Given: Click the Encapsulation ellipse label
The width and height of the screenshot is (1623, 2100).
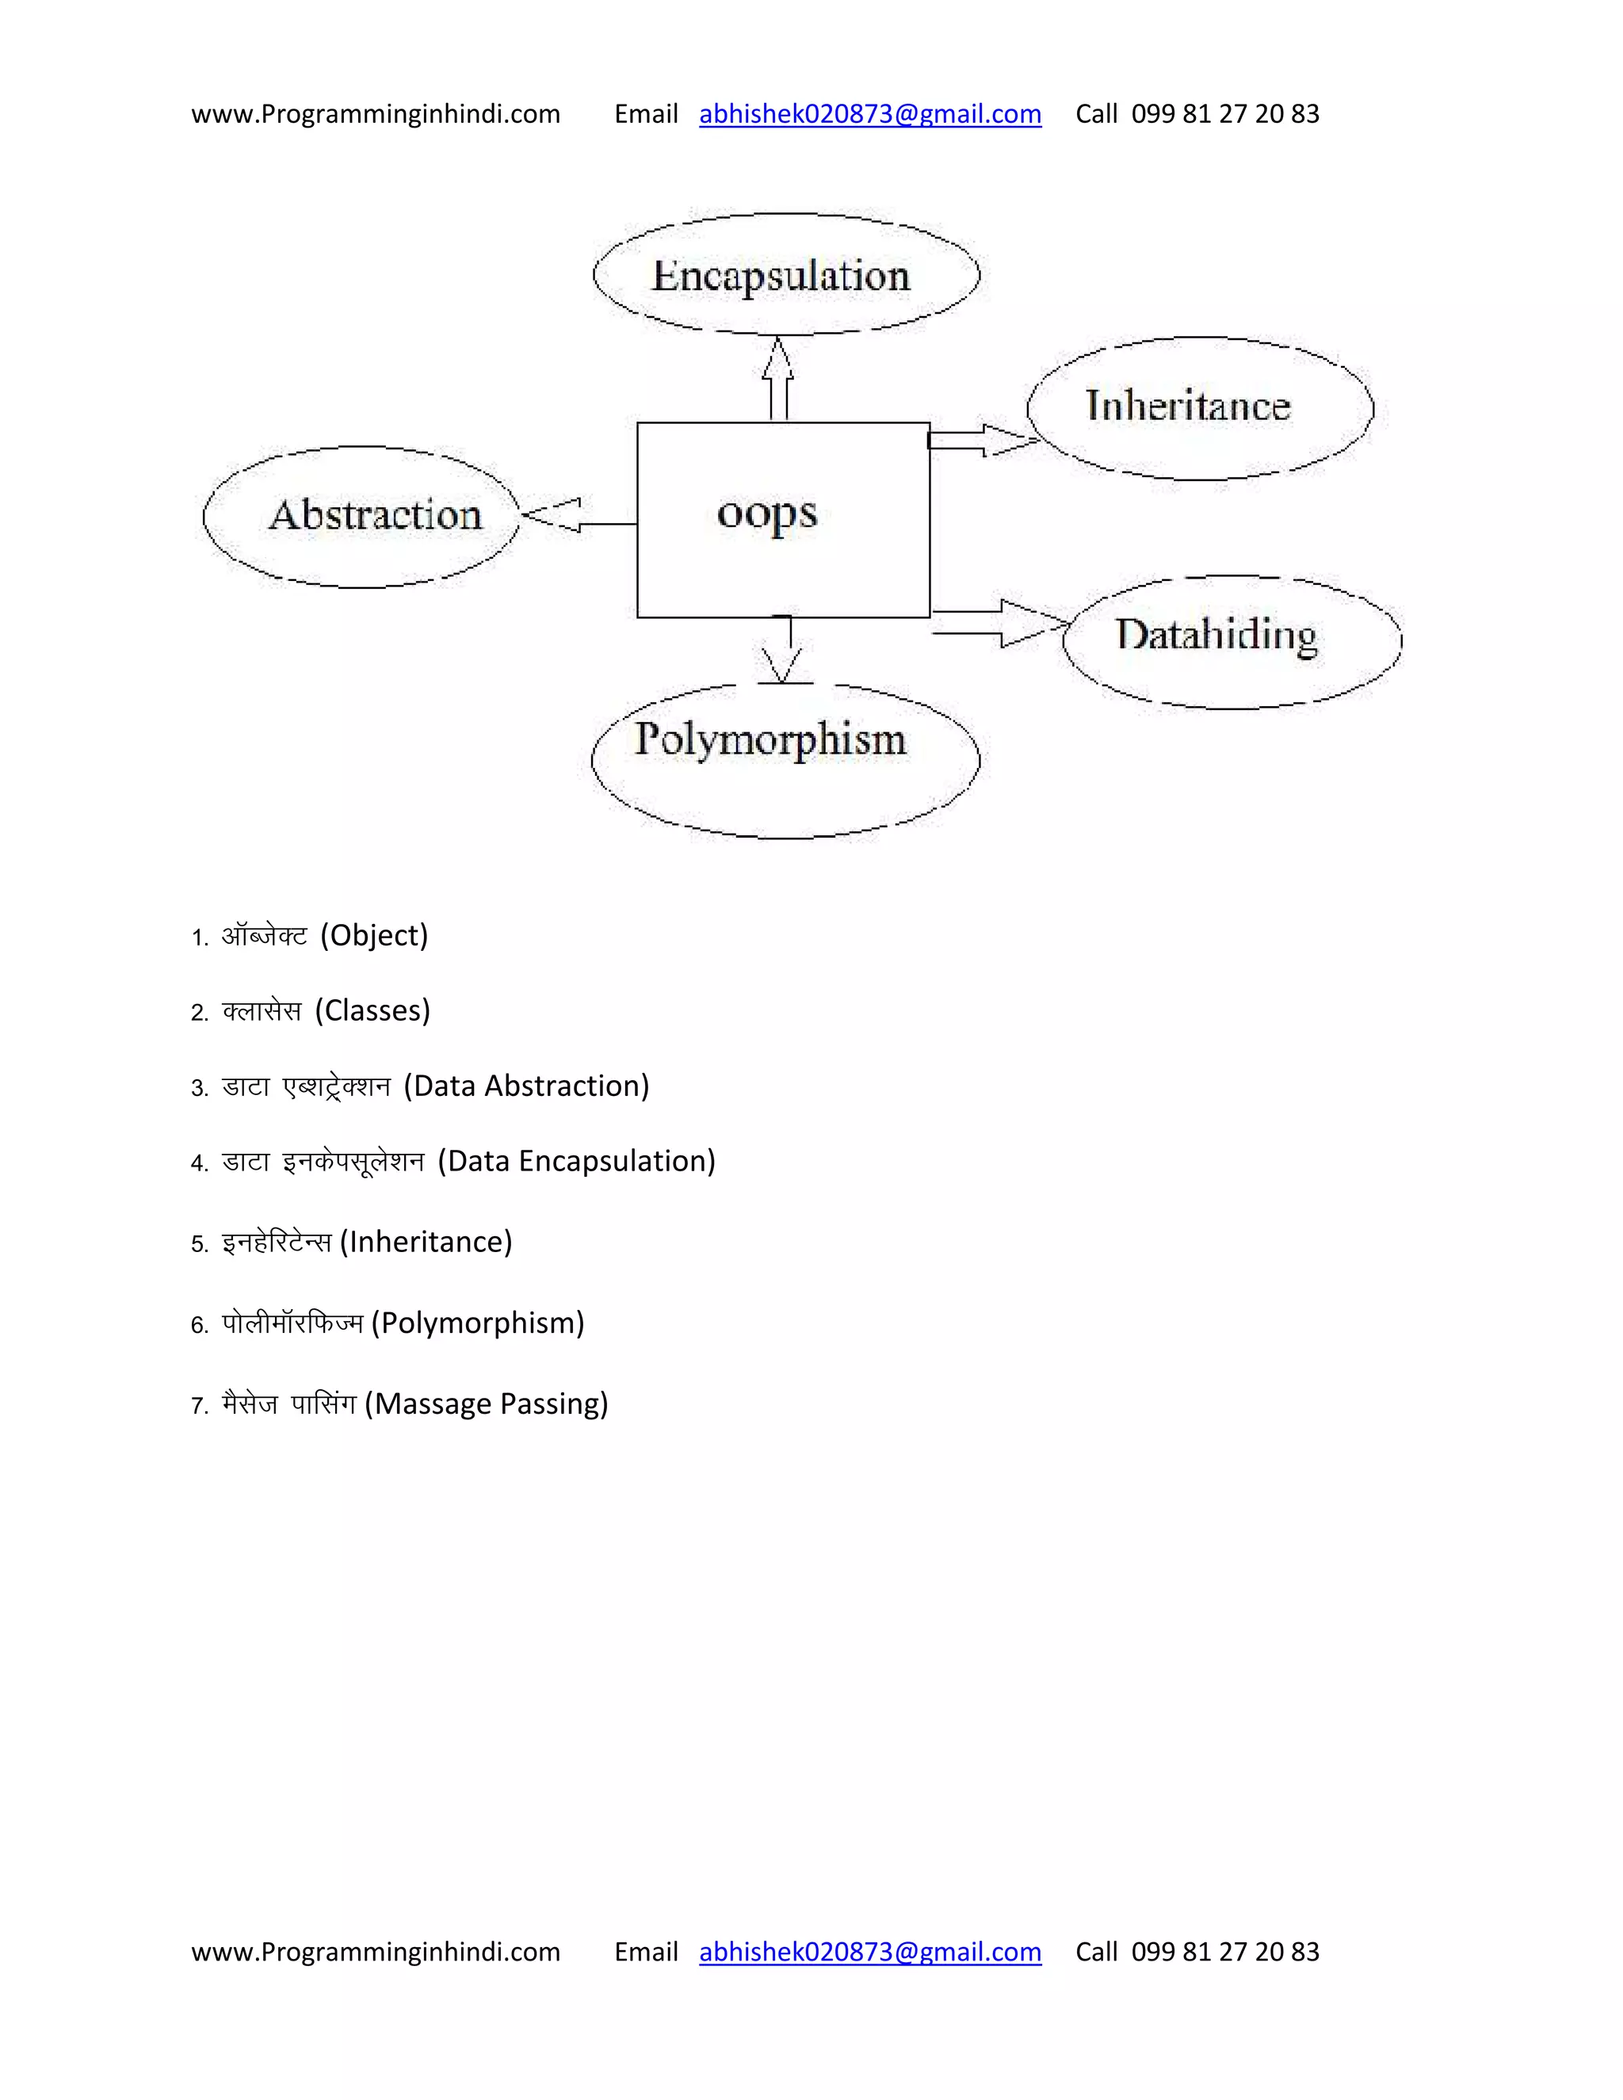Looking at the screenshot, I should [781, 276].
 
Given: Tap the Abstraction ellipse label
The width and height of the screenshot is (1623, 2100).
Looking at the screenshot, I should [375, 515].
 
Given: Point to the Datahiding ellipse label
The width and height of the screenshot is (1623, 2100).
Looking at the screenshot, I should [1216, 636].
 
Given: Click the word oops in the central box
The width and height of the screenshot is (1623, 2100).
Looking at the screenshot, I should [766, 514].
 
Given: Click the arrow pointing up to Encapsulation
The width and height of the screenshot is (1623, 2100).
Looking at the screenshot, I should [779, 377].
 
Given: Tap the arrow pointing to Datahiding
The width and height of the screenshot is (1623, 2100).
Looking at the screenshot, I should [1000, 623].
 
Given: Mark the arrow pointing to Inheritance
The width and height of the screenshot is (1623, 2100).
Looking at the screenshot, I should [981, 441].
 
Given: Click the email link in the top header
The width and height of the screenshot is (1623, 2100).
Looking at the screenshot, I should [869, 114].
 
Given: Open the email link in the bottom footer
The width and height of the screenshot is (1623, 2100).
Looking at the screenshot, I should [869, 1951].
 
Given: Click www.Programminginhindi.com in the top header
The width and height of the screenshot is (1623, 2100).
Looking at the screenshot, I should [375, 114].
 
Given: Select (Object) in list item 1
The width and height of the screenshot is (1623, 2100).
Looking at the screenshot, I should [374, 934].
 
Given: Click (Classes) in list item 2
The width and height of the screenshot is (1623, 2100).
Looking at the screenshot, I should [372, 1010].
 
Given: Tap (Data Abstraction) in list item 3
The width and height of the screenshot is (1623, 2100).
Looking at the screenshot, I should [526, 1086].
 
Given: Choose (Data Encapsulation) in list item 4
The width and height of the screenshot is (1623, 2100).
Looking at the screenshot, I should [576, 1161].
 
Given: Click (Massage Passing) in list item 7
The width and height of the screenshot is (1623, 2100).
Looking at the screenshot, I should [487, 1404].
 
